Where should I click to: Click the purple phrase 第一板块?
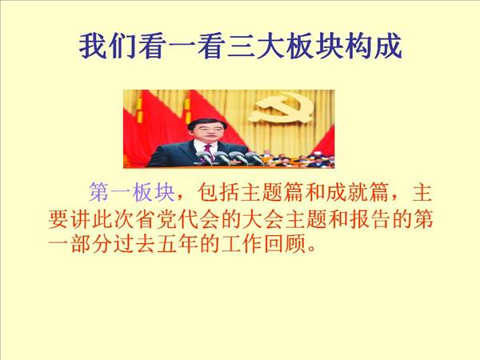click(132, 193)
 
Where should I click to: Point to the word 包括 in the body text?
click(218, 193)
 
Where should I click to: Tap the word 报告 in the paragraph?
click(369, 219)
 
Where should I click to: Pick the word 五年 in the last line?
click(178, 244)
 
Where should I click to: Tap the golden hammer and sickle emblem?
click(281, 108)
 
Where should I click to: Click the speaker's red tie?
click(208, 150)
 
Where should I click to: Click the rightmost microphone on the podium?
click(254, 158)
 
